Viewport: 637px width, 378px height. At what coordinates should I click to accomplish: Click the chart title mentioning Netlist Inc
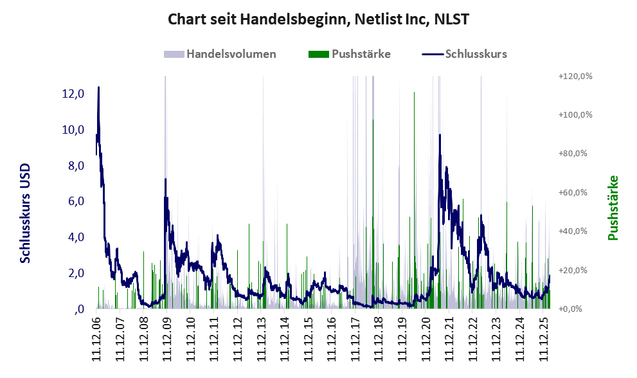(x=318, y=19)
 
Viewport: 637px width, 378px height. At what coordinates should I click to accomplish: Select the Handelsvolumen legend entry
(x=231, y=54)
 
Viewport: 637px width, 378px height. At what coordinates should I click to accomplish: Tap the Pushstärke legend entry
(x=361, y=54)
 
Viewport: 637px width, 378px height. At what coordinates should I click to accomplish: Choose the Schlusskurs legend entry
(x=476, y=54)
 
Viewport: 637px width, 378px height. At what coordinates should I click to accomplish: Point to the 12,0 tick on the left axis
(x=73, y=94)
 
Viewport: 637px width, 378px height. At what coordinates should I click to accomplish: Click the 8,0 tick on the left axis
(x=73, y=166)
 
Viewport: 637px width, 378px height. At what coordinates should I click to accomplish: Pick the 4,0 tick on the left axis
(x=73, y=237)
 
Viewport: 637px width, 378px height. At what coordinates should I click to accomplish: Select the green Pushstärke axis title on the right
(x=613, y=208)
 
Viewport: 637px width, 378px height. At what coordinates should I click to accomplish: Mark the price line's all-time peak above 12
(x=98, y=87)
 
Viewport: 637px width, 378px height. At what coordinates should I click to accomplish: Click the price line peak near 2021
(x=440, y=135)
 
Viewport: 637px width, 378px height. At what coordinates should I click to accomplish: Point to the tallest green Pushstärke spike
(x=414, y=93)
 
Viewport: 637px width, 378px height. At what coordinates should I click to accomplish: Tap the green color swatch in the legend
(x=319, y=54)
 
